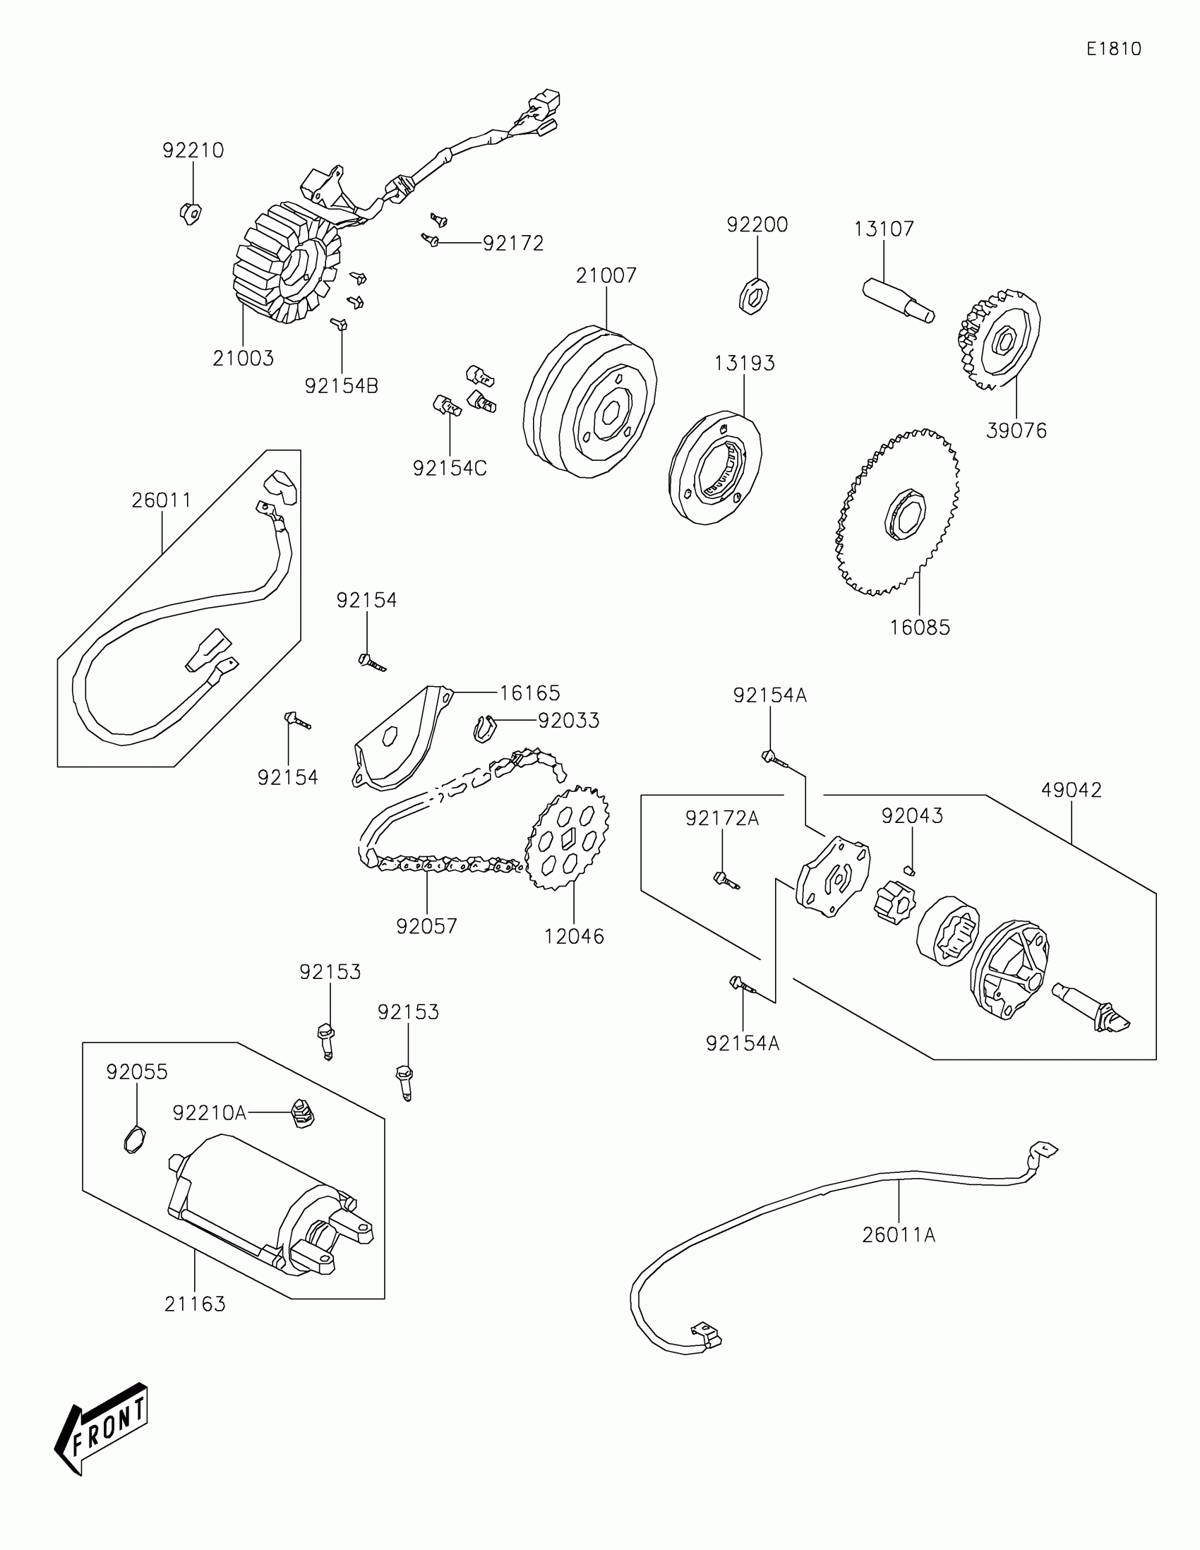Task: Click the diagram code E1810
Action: click(1113, 49)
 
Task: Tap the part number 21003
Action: click(243, 359)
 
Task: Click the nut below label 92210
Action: click(190, 212)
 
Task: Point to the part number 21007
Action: click(606, 275)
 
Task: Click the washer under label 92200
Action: click(755, 295)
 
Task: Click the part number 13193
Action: click(744, 364)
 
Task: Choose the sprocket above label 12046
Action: click(567, 838)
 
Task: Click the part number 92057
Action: click(426, 926)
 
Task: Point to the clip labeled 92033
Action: click(483, 729)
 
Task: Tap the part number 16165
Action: click(529, 692)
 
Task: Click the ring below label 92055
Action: click(134, 1140)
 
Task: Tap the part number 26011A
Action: click(899, 1236)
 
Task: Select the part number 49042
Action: click(1071, 791)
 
